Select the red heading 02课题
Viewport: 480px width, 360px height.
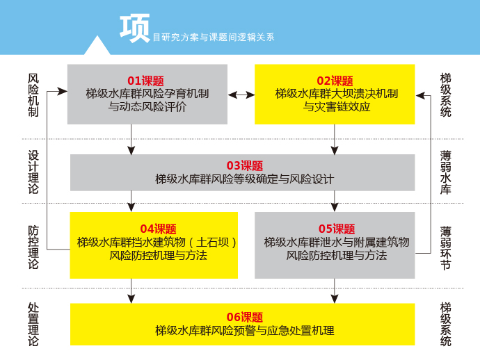335,81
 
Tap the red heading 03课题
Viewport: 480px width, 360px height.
245,165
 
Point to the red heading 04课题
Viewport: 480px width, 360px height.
159,229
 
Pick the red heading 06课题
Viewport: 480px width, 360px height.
245,317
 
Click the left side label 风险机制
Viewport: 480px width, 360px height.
33,96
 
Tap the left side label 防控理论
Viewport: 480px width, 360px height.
33,247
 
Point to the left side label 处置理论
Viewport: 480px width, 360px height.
33,324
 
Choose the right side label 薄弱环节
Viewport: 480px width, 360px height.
446,247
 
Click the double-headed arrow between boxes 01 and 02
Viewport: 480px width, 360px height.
241,94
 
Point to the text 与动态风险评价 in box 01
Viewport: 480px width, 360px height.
147,108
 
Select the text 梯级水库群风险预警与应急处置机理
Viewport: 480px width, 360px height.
245,330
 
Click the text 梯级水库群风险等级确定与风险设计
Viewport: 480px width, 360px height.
245,179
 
